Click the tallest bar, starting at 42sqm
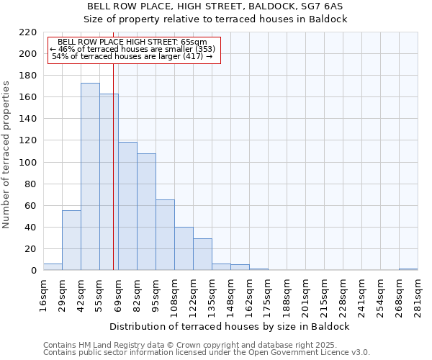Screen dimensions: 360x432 tap(90, 176)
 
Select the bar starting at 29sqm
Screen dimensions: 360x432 tap(71, 240)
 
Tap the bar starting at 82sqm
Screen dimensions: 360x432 tap(146, 212)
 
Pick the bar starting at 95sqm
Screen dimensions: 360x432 tap(165, 235)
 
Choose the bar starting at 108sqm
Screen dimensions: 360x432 tap(184, 248)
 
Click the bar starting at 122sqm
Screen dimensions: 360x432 tap(202, 254)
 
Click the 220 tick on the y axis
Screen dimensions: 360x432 tap(27, 32)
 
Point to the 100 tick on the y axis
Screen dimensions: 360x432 tap(27, 163)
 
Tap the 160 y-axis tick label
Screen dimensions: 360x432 tap(27, 97)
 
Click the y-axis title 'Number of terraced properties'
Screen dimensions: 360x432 tap(6, 155)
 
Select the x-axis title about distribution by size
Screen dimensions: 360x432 tap(230, 326)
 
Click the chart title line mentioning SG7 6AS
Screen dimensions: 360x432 tap(215, 6)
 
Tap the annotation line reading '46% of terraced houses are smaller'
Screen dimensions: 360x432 tap(132, 49)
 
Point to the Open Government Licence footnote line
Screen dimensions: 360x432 tap(206, 352)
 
